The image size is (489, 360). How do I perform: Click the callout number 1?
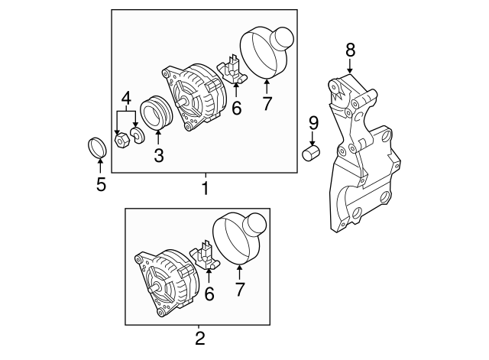coord(204,187)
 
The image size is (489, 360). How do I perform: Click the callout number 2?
coord(200,337)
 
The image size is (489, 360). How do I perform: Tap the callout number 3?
coord(158,156)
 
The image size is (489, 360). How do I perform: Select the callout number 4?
coord(125,99)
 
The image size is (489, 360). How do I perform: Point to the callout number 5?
coord(101,184)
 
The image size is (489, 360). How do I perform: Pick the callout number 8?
coord(350,50)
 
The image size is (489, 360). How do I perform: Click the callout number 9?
coord(313,122)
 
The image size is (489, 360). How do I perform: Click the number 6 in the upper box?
coord(236,109)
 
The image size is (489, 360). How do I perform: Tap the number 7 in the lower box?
coord(239,289)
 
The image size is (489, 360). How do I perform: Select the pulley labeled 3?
coord(158,115)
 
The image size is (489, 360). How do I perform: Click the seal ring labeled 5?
coord(96,148)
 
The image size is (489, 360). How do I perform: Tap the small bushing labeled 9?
coord(312,154)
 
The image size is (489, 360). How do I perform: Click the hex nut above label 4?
coord(120,140)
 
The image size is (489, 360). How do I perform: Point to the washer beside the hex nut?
coord(138,136)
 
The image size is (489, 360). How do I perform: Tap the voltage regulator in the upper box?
coord(232,71)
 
